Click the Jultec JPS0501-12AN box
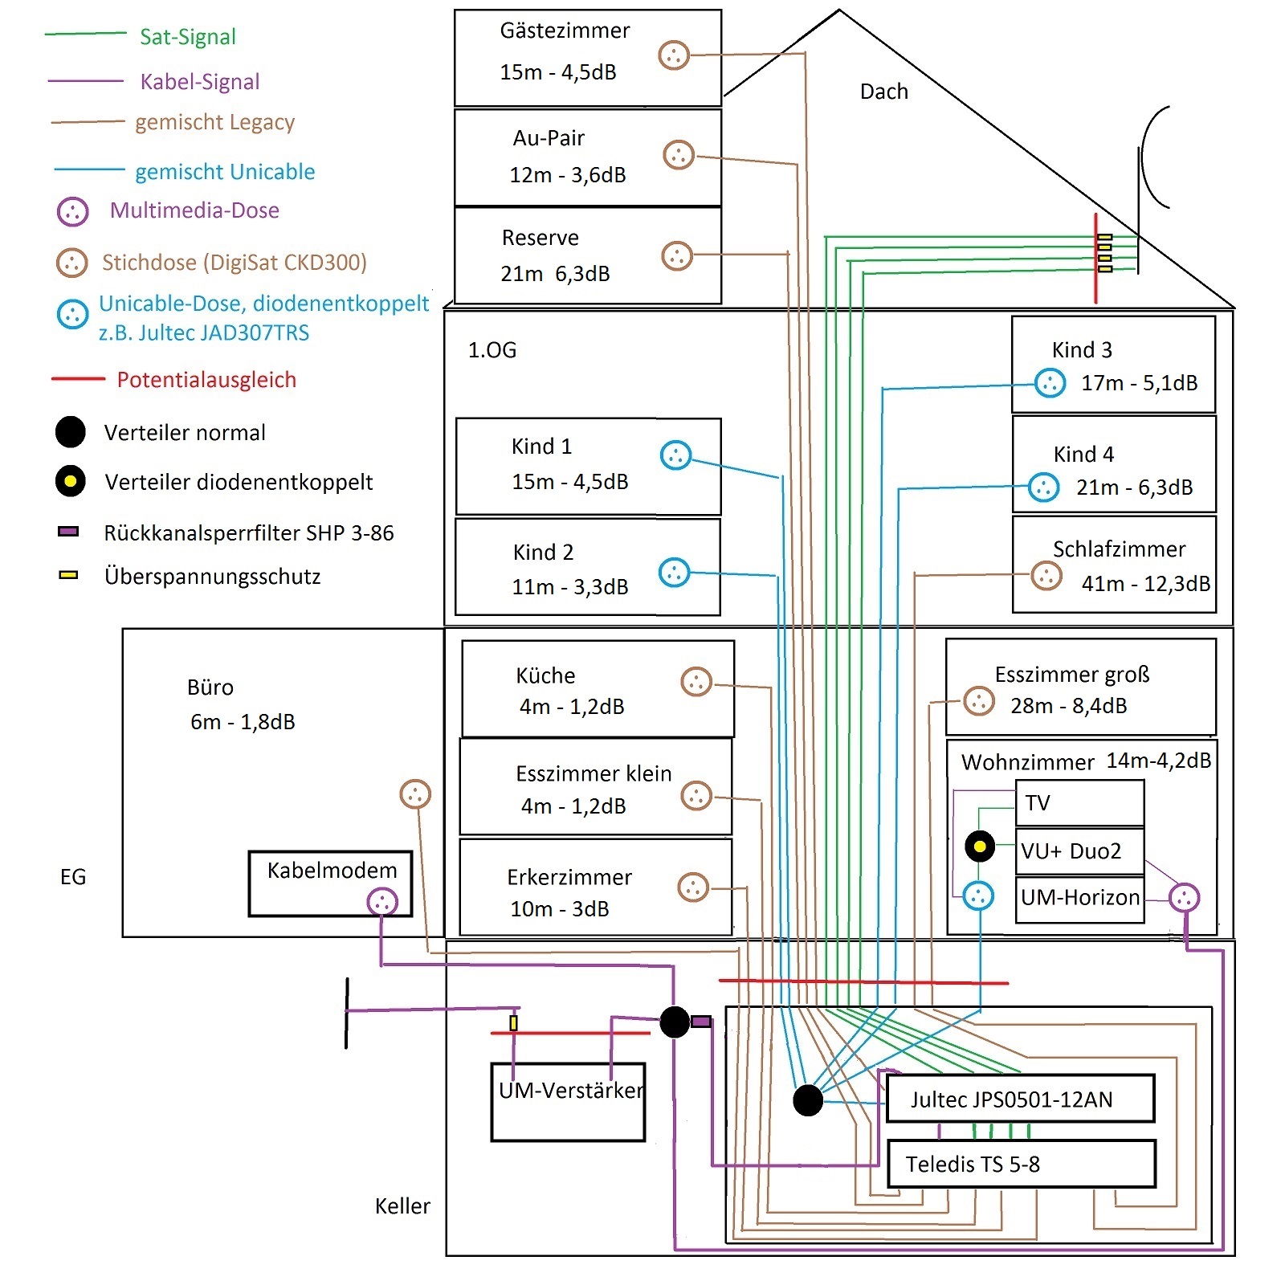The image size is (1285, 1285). click(1020, 1099)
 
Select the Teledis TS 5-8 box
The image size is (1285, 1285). click(1021, 1164)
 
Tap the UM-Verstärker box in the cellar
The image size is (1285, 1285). click(568, 1102)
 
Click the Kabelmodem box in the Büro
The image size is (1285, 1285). click(330, 883)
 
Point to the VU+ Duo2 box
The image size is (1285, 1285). click(1079, 851)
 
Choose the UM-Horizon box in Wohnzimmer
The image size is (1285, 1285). click(1079, 898)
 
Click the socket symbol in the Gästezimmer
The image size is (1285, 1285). click(674, 55)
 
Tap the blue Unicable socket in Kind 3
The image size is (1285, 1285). click(1050, 383)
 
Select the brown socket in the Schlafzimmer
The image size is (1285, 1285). click(1046, 575)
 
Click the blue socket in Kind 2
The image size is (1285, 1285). click(675, 573)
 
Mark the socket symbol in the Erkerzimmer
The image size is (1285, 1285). click(693, 887)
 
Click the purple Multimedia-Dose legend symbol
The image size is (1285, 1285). click(72, 212)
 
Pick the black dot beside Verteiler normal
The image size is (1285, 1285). click(71, 432)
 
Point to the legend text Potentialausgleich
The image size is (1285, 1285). click(206, 380)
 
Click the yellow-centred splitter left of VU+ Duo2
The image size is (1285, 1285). click(980, 846)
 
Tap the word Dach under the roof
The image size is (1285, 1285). click(883, 92)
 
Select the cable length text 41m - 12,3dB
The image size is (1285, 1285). click(1145, 584)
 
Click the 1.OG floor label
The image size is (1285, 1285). click(492, 350)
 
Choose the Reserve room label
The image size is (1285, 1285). click(540, 238)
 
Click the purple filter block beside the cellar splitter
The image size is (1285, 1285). click(701, 1022)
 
